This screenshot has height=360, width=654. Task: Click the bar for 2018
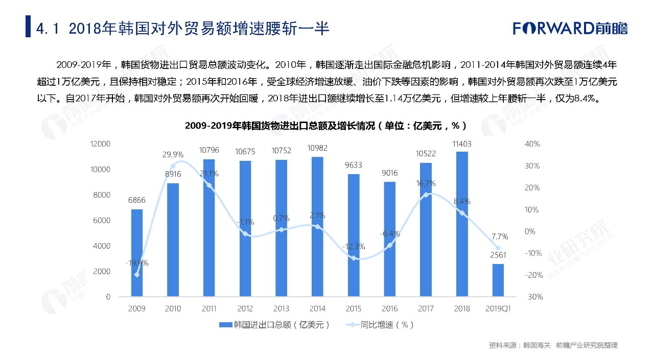click(x=462, y=225)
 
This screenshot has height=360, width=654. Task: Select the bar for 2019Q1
click(x=498, y=280)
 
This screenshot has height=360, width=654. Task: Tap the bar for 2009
click(x=137, y=253)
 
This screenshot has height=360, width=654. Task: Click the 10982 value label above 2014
click(x=317, y=149)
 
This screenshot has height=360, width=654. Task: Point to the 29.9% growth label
click(x=173, y=154)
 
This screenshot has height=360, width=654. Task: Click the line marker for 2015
click(x=353, y=258)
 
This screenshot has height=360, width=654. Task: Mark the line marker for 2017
click(x=426, y=195)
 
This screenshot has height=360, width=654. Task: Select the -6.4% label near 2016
click(x=389, y=234)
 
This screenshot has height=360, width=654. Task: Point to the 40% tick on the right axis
click(x=532, y=144)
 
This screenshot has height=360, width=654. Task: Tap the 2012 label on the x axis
click(x=245, y=308)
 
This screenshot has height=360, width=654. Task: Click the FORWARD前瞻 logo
click(x=570, y=28)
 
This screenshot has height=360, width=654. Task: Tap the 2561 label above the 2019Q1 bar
click(x=498, y=255)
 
